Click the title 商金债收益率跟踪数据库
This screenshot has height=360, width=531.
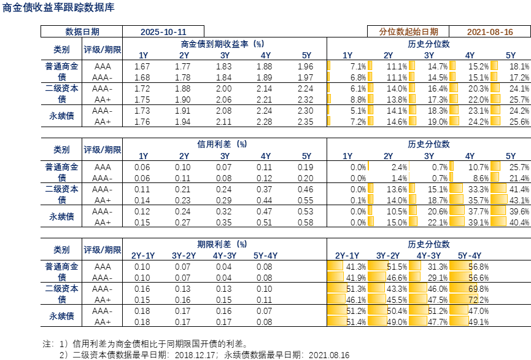click(58, 8)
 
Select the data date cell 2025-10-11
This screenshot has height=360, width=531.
click(163, 31)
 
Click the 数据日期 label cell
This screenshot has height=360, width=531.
click(82, 31)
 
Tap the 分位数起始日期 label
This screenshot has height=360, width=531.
click(409, 31)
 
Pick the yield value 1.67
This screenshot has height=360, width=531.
click(142, 66)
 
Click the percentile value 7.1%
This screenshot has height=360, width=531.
click(358, 66)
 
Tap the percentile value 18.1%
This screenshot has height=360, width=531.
click(520, 66)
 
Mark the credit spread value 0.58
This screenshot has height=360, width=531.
click(305, 222)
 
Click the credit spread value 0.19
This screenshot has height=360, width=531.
click(305, 167)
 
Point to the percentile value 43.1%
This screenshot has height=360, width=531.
click(520, 200)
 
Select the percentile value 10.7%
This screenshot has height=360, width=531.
click(479, 167)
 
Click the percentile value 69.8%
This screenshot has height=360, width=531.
click(479, 289)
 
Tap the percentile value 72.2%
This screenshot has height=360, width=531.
click(479, 300)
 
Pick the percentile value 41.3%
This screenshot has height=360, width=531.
click(357, 267)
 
